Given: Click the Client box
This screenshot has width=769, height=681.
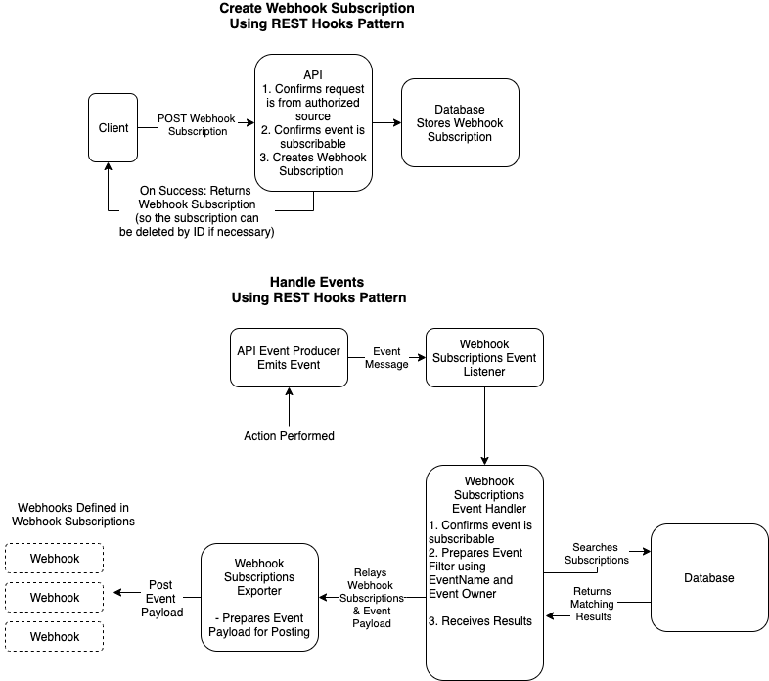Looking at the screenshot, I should pyautogui.click(x=113, y=127).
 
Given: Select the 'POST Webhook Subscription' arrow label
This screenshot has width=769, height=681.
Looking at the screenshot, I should pyautogui.click(x=197, y=125).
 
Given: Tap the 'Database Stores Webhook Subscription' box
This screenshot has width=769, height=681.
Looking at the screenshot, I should pyautogui.click(x=460, y=123).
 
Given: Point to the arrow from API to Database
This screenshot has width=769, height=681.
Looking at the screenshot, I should pyautogui.click(x=386, y=123).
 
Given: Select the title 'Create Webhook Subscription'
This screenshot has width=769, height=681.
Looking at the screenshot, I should pyautogui.click(x=317, y=9).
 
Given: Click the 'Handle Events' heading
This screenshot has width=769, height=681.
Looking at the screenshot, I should pyautogui.click(x=318, y=282).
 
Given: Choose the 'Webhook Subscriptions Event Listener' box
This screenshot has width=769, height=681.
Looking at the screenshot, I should pyautogui.click(x=483, y=358).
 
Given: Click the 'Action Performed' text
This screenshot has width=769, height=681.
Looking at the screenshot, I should pyautogui.click(x=289, y=435).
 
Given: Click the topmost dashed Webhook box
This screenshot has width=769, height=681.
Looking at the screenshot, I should pyautogui.click(x=55, y=558).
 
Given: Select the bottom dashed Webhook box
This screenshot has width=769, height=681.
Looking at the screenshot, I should pyautogui.click(x=55, y=636).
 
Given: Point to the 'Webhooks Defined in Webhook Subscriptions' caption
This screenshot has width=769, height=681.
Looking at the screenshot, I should pyautogui.click(x=73, y=516).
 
